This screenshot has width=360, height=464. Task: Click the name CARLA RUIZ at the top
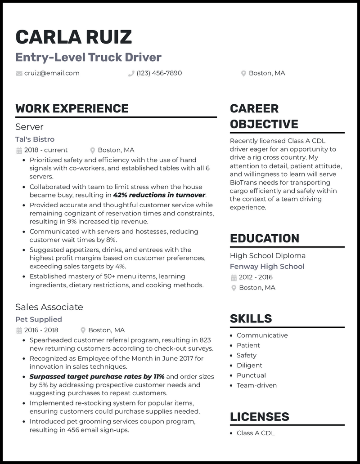[x=74, y=37]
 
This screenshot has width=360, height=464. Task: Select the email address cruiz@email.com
[x=52, y=73]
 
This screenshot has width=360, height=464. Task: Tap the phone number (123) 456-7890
[x=159, y=73]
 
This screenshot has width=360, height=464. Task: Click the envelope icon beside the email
[x=19, y=73]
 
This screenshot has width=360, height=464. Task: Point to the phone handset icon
[x=131, y=73]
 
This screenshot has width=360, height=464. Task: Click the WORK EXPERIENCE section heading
[x=72, y=108]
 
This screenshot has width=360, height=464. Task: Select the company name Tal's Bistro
[x=35, y=139]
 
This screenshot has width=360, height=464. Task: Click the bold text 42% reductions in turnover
[x=159, y=195]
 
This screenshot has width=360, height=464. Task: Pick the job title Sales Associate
[x=49, y=307]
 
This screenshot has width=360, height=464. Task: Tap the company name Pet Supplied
[x=39, y=319]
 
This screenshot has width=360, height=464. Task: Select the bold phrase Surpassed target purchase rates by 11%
[x=97, y=376]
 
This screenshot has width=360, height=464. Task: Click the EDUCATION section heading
[x=265, y=238]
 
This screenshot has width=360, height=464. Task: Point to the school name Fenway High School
[x=267, y=266]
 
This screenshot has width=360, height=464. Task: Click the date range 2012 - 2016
[x=256, y=277]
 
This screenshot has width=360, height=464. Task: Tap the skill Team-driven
[x=256, y=385]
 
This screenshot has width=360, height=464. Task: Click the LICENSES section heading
[x=260, y=416]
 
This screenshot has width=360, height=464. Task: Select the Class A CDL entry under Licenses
[x=256, y=433]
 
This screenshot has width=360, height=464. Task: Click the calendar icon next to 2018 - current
[x=19, y=150]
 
